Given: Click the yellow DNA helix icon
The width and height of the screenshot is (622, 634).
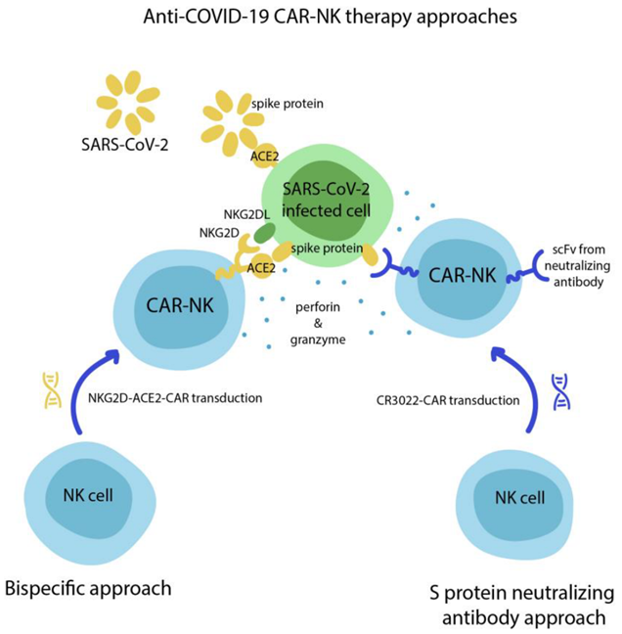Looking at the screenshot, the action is tap(52, 389).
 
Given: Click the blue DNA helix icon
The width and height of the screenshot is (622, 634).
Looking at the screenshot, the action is tap(561, 391).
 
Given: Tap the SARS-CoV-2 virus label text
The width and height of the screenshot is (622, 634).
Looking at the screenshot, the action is tap(125, 145).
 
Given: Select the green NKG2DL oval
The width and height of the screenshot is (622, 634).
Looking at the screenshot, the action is tap(264, 233).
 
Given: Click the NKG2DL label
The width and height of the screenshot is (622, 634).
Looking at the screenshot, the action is tap(246, 214).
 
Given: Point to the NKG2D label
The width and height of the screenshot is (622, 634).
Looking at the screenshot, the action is tap(219, 233).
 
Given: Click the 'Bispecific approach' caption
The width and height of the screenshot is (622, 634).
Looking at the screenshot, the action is tap(88, 588).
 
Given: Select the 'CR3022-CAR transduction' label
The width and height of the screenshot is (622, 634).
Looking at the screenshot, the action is tap(448, 400).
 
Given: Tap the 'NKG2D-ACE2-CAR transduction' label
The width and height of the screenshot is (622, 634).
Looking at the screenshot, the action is tap(175, 398).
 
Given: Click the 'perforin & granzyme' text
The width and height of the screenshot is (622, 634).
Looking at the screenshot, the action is tap(318, 323).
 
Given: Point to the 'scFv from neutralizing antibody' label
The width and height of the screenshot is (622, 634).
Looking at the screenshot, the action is tap(578, 266).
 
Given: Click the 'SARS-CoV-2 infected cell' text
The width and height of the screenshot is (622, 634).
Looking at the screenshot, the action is tap(326, 200).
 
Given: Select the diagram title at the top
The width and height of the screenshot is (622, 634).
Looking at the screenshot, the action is tap(330, 17).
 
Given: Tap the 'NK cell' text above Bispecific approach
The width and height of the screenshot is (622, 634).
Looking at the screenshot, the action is tap(88, 495).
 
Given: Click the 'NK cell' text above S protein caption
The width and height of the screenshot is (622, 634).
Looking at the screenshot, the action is tap(519, 497).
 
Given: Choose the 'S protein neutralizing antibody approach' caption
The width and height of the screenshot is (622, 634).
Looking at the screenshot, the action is tap(522, 606).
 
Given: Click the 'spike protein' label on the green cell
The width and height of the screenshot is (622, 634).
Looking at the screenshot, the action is tap(327, 248).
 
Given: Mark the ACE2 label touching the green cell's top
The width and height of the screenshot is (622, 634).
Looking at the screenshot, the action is tap(265, 157).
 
